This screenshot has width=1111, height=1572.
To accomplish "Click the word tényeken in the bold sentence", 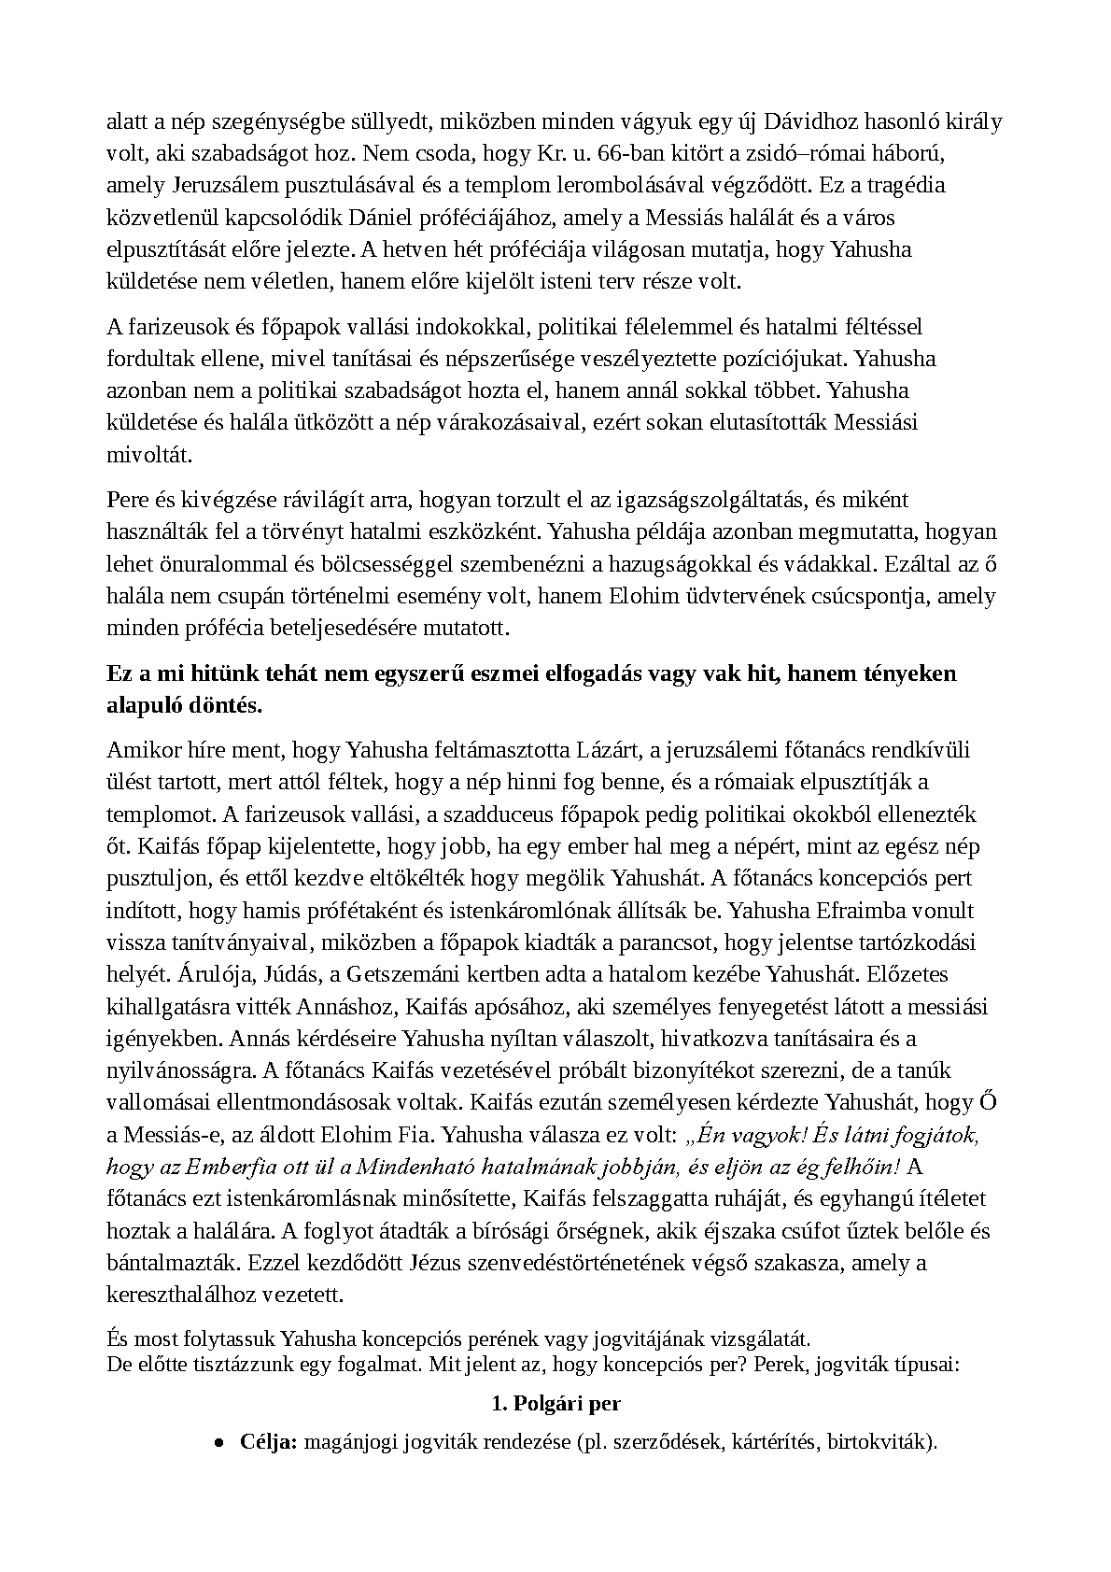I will pyautogui.click(x=911, y=673).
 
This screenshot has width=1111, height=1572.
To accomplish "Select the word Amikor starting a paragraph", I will pyautogui.click(x=138, y=750).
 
